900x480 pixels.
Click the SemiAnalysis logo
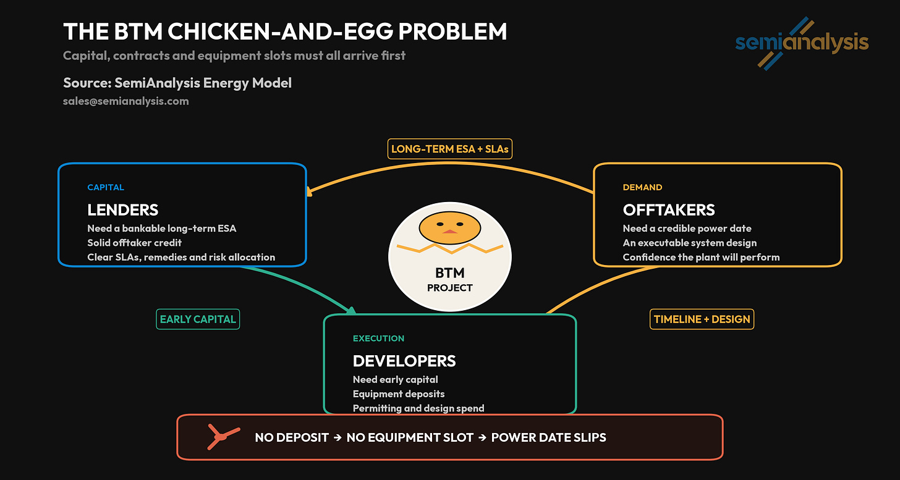click(802, 43)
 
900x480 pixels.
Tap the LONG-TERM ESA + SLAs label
click(449, 149)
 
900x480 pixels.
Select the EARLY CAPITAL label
click(198, 319)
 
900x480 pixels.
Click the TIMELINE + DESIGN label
click(702, 319)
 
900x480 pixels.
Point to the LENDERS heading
click(123, 210)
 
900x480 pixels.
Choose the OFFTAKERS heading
click(669, 210)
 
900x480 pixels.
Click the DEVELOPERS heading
click(404, 361)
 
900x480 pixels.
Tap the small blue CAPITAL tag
click(106, 187)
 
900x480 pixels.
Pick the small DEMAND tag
click(642, 187)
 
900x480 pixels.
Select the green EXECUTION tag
click(378, 338)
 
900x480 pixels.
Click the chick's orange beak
click(449, 232)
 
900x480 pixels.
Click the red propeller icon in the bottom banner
click(223, 436)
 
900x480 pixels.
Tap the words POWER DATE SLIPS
click(548, 437)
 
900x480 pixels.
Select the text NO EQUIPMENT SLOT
click(410, 437)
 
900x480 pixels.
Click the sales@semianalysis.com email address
click(125, 101)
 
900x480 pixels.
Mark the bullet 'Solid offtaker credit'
click(135, 243)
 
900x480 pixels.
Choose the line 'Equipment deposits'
click(399, 394)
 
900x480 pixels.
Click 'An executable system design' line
click(689, 243)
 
